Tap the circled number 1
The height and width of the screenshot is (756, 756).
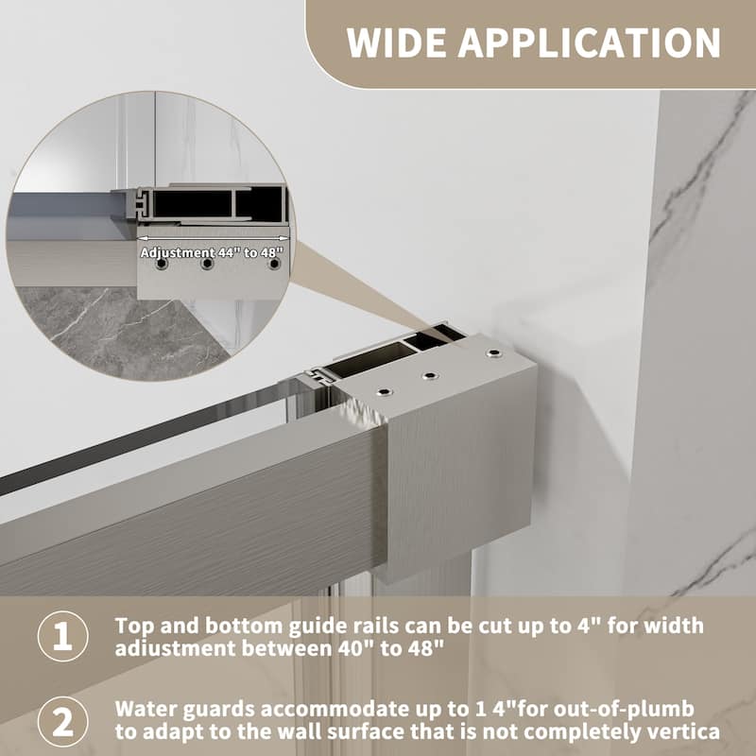point(61,637)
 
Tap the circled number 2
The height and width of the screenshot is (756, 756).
point(61,721)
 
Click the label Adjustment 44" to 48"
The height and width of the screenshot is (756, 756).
point(211,252)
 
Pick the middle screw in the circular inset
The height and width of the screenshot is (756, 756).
point(207,266)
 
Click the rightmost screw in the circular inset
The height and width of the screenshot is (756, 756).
point(274,266)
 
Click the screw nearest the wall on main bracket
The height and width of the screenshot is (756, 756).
point(493,353)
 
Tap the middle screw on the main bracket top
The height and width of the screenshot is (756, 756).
point(430,376)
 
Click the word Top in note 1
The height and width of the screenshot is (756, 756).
point(130,626)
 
